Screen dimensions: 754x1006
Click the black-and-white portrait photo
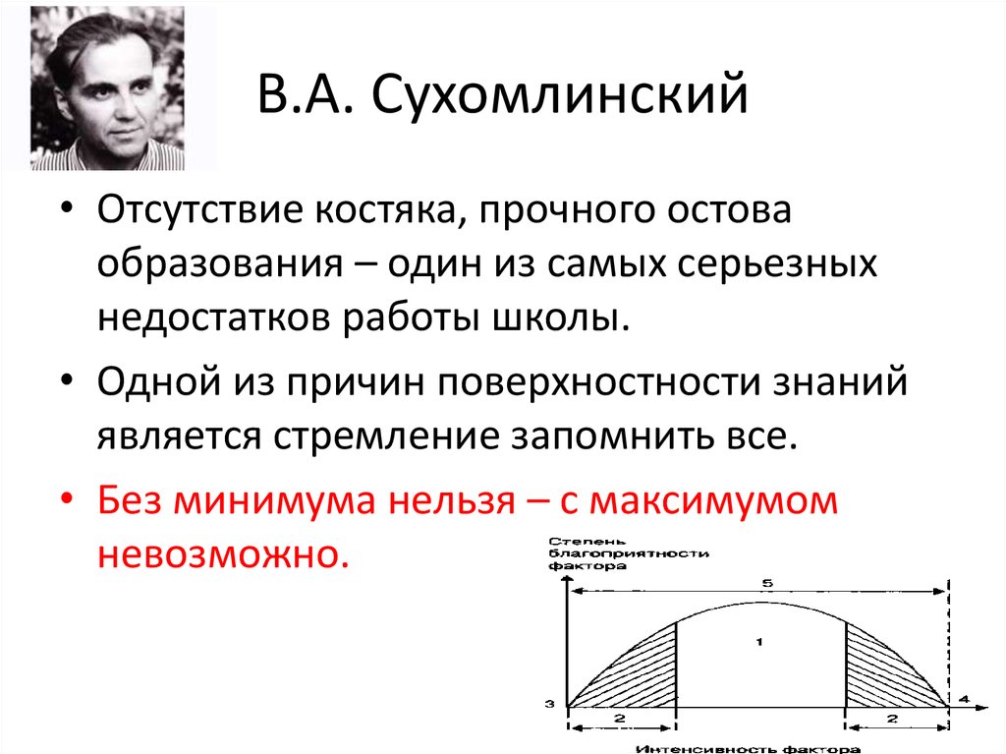point(107,87)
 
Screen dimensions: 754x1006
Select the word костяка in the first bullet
point(378,211)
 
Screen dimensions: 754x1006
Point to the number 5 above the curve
point(766,584)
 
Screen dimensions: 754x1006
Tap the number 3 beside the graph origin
point(551,704)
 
